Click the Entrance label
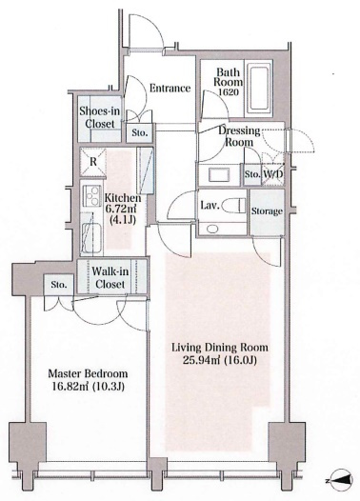click(170, 89)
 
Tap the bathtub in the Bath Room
click(259, 89)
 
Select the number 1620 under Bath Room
click(228, 92)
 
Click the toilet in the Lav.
click(233, 205)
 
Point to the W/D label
click(273, 174)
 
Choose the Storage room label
click(267, 211)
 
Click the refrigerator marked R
click(92, 162)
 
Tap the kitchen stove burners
click(92, 195)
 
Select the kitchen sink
click(91, 236)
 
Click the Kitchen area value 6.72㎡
click(121, 210)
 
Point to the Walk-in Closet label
click(110, 277)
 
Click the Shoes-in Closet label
click(100, 117)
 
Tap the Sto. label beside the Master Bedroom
click(59, 285)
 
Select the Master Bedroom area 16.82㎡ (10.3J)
click(88, 387)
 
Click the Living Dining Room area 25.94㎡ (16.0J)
click(219, 360)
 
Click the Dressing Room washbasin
click(219, 174)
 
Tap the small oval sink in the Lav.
click(212, 229)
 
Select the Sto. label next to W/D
click(252, 174)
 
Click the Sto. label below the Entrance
click(140, 132)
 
